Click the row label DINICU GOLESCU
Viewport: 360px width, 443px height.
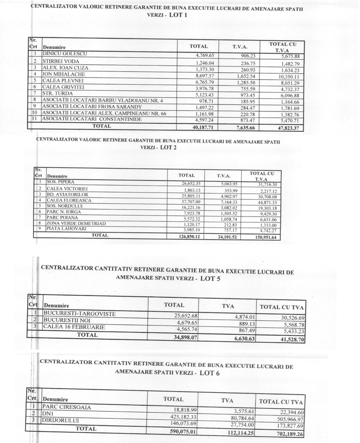pyautogui.click(x=65, y=54)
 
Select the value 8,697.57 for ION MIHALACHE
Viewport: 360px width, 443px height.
pyautogui.click(x=205, y=76)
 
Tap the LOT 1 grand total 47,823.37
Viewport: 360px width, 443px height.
pyautogui.click(x=288, y=128)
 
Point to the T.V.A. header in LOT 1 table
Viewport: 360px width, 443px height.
pyautogui.click(x=240, y=47)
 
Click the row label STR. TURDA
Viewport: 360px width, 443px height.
pyautogui.click(x=57, y=93)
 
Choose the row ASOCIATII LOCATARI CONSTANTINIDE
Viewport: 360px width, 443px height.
pyautogui.click(x=92, y=119)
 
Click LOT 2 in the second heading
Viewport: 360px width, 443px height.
pyautogui.click(x=168, y=147)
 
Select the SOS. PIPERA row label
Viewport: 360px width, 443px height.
pyautogui.click(x=60, y=182)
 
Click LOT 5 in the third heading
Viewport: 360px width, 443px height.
pyautogui.click(x=210, y=279)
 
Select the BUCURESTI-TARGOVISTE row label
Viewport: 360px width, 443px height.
pyautogui.click(x=80, y=314)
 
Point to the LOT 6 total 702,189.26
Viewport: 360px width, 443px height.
pyautogui.click(x=290, y=434)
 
